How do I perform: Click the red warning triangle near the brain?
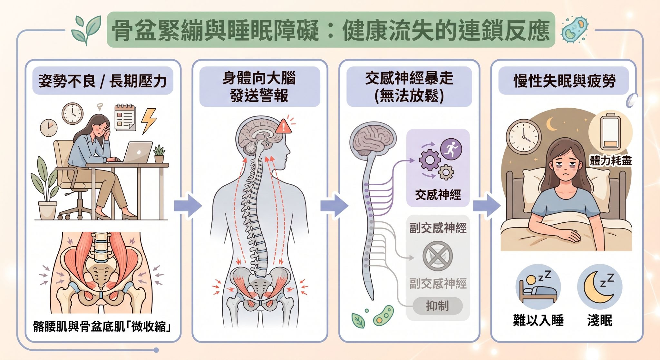tap(284, 126)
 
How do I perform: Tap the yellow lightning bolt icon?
tap(149, 120)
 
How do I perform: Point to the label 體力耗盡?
tap(611, 161)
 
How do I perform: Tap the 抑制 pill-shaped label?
tap(438, 306)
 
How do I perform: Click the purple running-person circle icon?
tap(451, 149)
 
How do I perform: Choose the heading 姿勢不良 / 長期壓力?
tap(103, 81)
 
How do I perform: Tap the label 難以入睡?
tap(538, 320)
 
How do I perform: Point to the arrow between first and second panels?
tap(188, 206)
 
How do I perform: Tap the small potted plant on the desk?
tap(159, 154)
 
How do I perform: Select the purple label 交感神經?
tap(438, 195)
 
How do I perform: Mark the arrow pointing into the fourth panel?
tap(487, 206)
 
